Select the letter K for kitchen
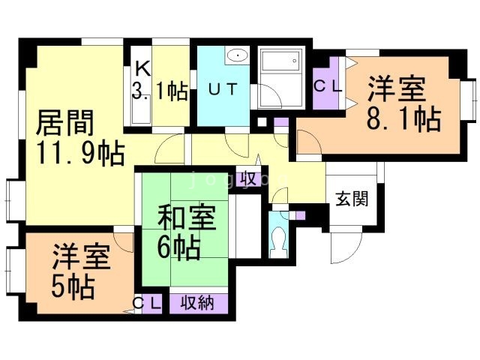pos(142,68)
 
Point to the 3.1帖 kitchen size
pos(160,92)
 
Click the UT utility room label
pos(222,89)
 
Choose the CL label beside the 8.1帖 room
pos(327,85)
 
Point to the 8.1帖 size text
pos(403,118)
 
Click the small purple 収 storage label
pos(249,178)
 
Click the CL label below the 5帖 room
pos(147,303)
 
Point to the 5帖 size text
pos(73,286)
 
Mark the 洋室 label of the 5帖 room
pos(82,259)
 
